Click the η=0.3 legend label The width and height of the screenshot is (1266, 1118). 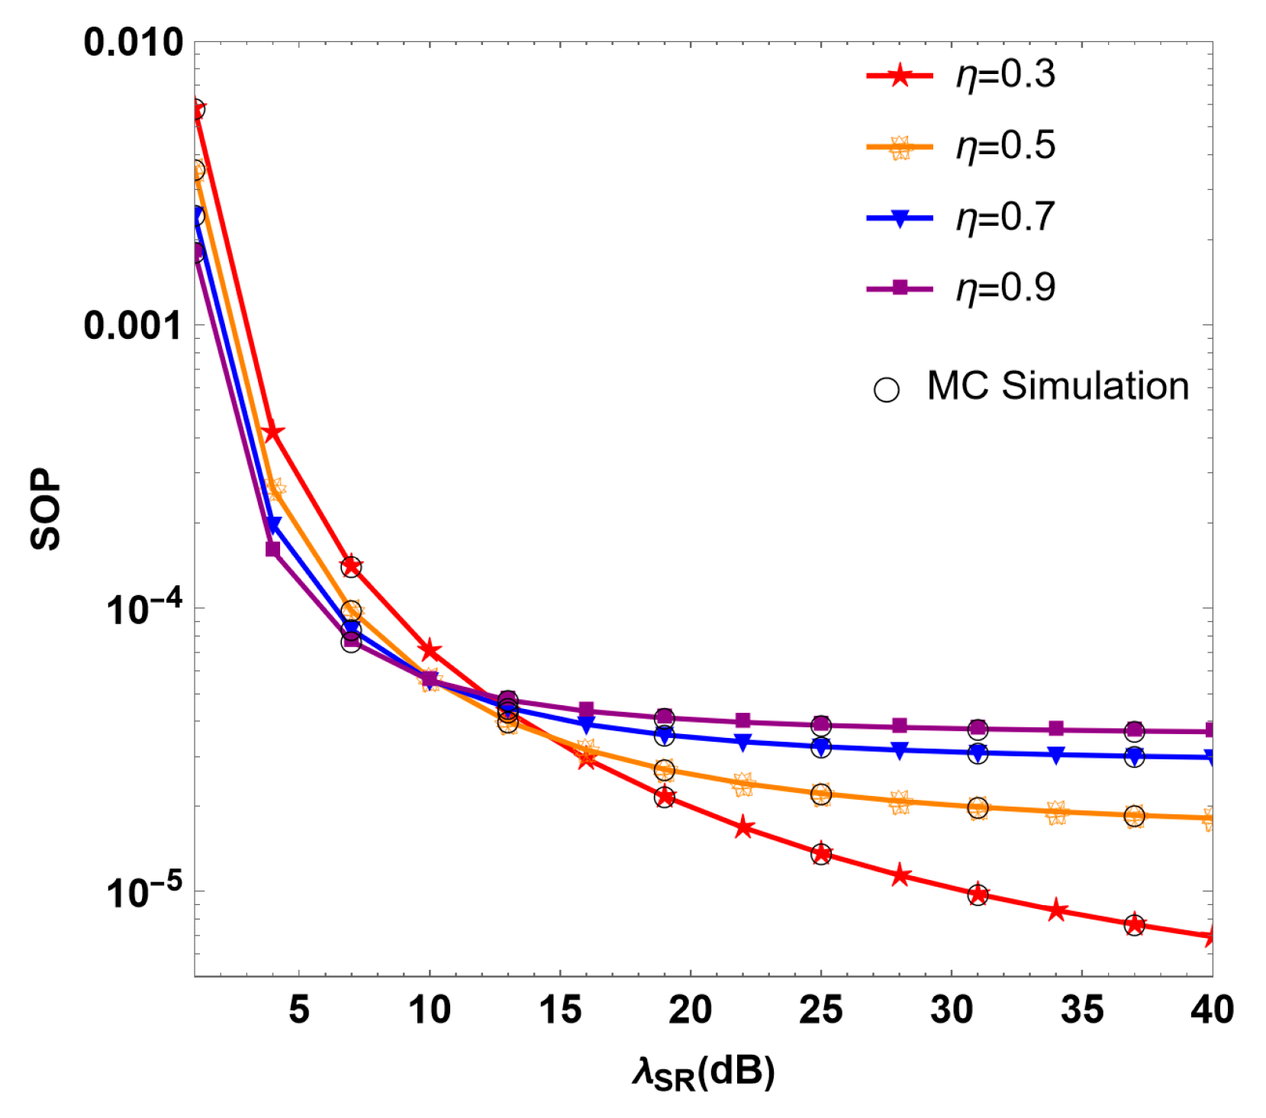tap(1005, 75)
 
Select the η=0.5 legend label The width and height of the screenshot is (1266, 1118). tap(1005, 146)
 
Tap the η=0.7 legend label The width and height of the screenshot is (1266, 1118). tap(1005, 217)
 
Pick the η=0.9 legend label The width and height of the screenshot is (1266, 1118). tap(1005, 288)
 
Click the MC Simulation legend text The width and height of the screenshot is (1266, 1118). tap(1058, 386)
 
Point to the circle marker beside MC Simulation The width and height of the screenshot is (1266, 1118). tap(886, 390)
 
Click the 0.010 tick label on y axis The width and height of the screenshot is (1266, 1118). tap(134, 43)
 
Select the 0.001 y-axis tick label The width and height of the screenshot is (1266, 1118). tap(134, 326)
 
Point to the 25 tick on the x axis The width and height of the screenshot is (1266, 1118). tap(820, 1010)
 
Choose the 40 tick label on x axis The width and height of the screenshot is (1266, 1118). tap(1212, 1010)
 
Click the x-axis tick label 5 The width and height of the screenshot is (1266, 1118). tap(298, 1010)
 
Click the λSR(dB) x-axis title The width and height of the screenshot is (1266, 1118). tap(703, 1073)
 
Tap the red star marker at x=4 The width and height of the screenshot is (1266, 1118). tap(272, 433)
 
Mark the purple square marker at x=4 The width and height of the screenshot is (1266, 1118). tap(272, 549)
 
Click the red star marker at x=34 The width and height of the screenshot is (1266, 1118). tap(1056, 910)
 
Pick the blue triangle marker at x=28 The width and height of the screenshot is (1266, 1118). tap(900, 751)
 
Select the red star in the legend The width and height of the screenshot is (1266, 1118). tap(900, 76)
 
